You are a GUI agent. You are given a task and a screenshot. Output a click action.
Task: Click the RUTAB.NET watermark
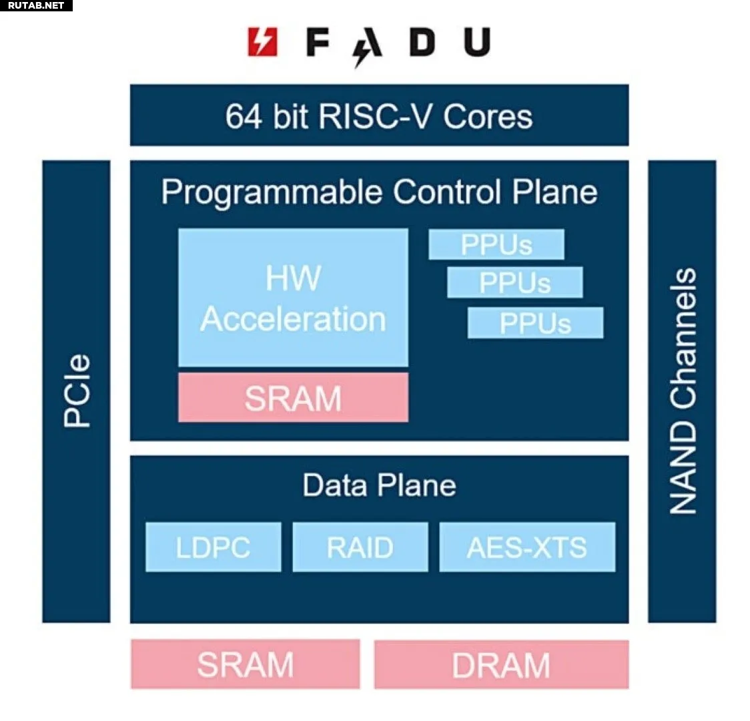pos(36,5)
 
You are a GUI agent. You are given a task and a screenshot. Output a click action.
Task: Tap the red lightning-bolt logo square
pos(263,42)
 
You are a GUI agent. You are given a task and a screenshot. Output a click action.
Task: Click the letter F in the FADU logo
pos(318,42)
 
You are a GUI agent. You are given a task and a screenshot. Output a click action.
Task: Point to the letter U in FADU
pos(477,42)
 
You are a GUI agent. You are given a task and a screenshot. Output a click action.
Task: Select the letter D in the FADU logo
pos(422,42)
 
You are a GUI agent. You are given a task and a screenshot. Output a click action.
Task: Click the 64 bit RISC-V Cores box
pos(379,115)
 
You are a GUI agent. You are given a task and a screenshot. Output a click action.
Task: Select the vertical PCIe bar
pos(77,391)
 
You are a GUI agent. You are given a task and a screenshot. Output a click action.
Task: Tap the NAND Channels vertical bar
pos(682,391)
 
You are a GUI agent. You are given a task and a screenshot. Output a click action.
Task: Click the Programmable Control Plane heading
pos(379,193)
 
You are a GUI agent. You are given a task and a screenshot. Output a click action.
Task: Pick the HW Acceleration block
pos(293,298)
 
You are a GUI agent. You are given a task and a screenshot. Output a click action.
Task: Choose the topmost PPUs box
pos(496,244)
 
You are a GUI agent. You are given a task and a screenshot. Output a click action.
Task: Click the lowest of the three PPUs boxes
pos(536,323)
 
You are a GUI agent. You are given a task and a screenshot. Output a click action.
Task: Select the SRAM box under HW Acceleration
pos(293,398)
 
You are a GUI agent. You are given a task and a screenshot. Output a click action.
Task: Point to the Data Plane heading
pos(379,485)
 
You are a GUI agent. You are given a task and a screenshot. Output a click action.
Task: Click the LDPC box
pos(214,547)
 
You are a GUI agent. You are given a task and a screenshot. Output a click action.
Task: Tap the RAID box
pos(360,547)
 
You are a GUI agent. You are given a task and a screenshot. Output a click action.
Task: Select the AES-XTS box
pos(527,547)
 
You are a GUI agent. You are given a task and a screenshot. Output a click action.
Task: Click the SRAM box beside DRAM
pos(246,664)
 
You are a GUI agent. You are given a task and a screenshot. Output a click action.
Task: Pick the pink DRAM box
pos(501,664)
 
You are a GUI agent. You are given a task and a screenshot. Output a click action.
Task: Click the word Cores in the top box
pos(488,117)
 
